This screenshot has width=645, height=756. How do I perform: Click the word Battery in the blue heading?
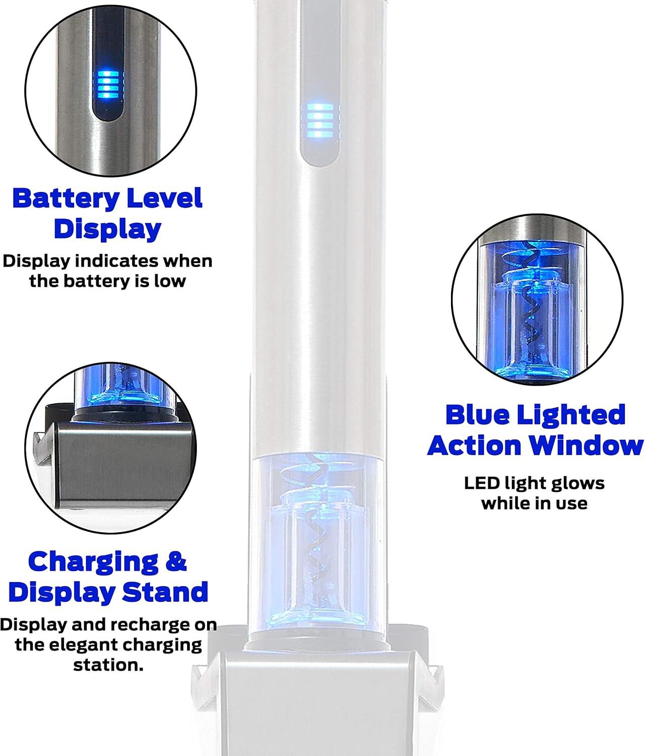[x=66, y=199]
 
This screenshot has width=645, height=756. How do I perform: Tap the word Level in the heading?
[x=164, y=198]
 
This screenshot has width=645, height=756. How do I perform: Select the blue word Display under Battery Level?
[x=107, y=230]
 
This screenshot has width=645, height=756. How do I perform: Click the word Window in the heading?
[x=586, y=446]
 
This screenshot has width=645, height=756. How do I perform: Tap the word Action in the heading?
[x=474, y=446]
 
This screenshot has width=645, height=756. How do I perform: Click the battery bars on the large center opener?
[x=320, y=120]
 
